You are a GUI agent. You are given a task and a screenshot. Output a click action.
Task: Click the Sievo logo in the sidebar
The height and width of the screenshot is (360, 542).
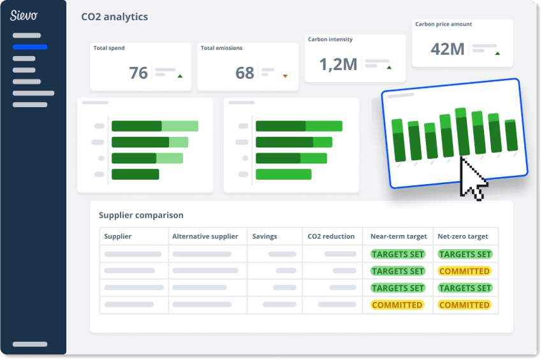[x=24, y=15]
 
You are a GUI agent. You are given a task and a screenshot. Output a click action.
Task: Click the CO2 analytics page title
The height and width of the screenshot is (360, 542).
[x=115, y=17]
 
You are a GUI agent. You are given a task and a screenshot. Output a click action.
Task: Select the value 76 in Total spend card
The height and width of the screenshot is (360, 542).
[x=138, y=73]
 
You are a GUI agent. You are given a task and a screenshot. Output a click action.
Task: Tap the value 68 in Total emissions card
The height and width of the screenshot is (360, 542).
[x=245, y=73]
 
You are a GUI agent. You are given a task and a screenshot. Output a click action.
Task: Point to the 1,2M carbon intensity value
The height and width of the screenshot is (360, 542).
[x=338, y=64]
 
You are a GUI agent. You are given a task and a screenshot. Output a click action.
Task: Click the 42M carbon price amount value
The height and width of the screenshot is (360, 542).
[x=448, y=49]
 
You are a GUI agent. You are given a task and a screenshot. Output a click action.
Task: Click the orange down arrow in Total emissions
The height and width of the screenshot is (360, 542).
[x=285, y=76]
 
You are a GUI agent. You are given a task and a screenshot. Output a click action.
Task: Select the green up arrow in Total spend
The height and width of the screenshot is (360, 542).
[x=180, y=76]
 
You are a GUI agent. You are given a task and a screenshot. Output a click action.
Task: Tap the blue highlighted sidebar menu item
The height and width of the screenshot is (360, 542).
[x=29, y=47]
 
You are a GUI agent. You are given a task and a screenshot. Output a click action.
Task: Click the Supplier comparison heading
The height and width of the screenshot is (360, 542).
[x=141, y=215]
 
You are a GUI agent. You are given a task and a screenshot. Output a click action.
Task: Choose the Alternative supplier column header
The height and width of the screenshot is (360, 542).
[x=205, y=236]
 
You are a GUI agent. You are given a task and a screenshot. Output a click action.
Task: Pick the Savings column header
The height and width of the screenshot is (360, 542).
[x=265, y=236]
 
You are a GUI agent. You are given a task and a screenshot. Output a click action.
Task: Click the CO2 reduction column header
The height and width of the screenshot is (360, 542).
[x=331, y=236]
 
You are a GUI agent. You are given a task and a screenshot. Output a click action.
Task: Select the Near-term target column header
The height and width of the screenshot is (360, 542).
[x=399, y=236]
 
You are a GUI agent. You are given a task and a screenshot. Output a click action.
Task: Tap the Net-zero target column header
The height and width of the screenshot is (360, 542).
[x=463, y=236]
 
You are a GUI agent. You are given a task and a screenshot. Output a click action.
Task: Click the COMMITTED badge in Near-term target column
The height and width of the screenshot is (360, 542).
[x=397, y=305]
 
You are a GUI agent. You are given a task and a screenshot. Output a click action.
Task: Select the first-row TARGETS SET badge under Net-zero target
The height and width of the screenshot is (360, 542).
[x=465, y=254]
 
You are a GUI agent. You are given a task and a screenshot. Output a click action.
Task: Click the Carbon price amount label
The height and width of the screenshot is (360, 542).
[x=444, y=24]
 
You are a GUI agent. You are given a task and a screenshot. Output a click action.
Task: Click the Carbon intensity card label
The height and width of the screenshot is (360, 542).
[x=330, y=40]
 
